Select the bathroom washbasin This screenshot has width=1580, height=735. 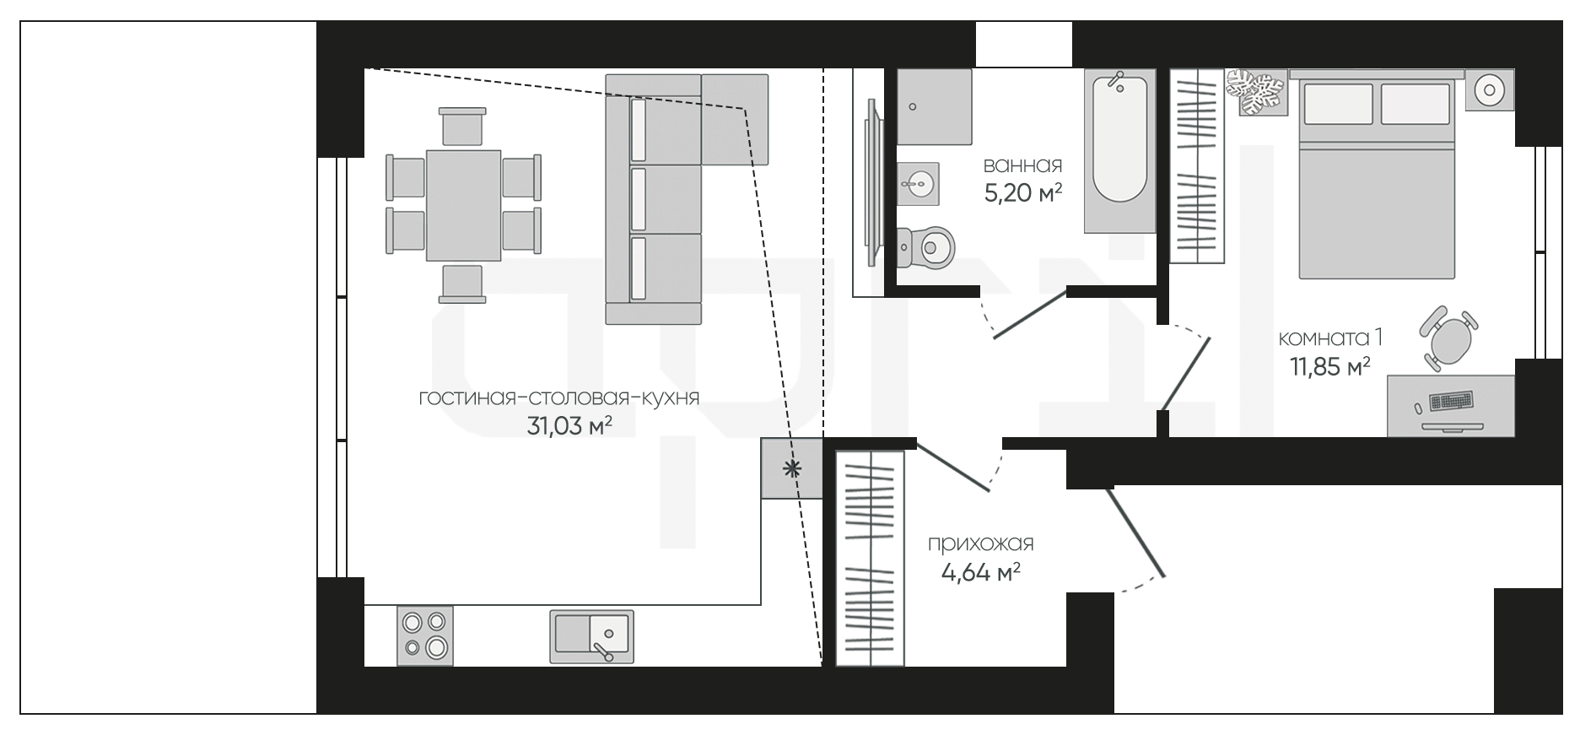tap(917, 183)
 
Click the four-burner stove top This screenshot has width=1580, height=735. tap(424, 635)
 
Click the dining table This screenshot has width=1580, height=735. tap(463, 205)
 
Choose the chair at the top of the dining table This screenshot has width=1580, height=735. tap(462, 127)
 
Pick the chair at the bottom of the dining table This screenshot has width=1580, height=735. tap(462, 284)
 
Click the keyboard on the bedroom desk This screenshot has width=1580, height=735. tap(1451, 400)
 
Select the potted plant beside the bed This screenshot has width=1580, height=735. tap(1255, 92)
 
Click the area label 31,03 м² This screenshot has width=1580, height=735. tap(569, 426)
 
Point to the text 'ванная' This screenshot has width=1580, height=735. tap(1022, 165)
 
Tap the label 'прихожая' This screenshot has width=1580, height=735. tap(980, 544)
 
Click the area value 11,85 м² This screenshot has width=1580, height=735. tap(1329, 366)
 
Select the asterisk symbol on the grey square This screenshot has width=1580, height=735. tap(791, 469)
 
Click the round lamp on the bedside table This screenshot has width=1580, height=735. tap(1490, 89)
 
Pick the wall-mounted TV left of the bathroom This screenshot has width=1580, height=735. tap(873, 183)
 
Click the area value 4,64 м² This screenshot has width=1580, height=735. tap(980, 573)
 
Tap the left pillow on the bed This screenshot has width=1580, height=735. tap(1339, 103)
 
